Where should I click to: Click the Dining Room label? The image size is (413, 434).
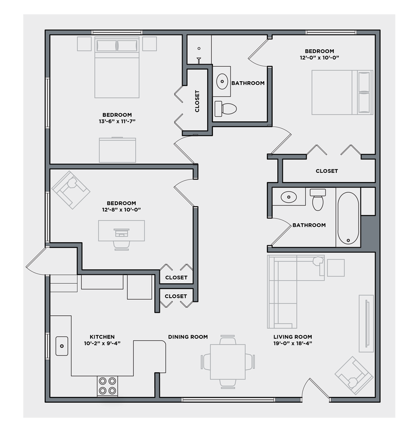(188, 337)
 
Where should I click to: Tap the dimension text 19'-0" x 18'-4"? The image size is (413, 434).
(293, 343)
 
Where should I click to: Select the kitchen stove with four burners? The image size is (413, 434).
(107, 386)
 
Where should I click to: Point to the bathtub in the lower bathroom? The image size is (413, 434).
(348, 218)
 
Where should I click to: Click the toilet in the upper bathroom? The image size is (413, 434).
(226, 108)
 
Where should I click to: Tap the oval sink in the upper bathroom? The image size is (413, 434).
(222, 81)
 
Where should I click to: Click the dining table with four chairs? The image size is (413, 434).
(227, 361)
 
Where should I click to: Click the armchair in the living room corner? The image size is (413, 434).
(354, 375)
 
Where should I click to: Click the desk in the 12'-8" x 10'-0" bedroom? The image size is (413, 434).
(121, 231)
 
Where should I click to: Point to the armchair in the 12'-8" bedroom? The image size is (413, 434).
(71, 190)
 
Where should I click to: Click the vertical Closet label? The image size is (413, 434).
(197, 101)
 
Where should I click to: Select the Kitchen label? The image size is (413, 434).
(102, 337)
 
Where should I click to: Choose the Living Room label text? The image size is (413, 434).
(293, 337)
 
